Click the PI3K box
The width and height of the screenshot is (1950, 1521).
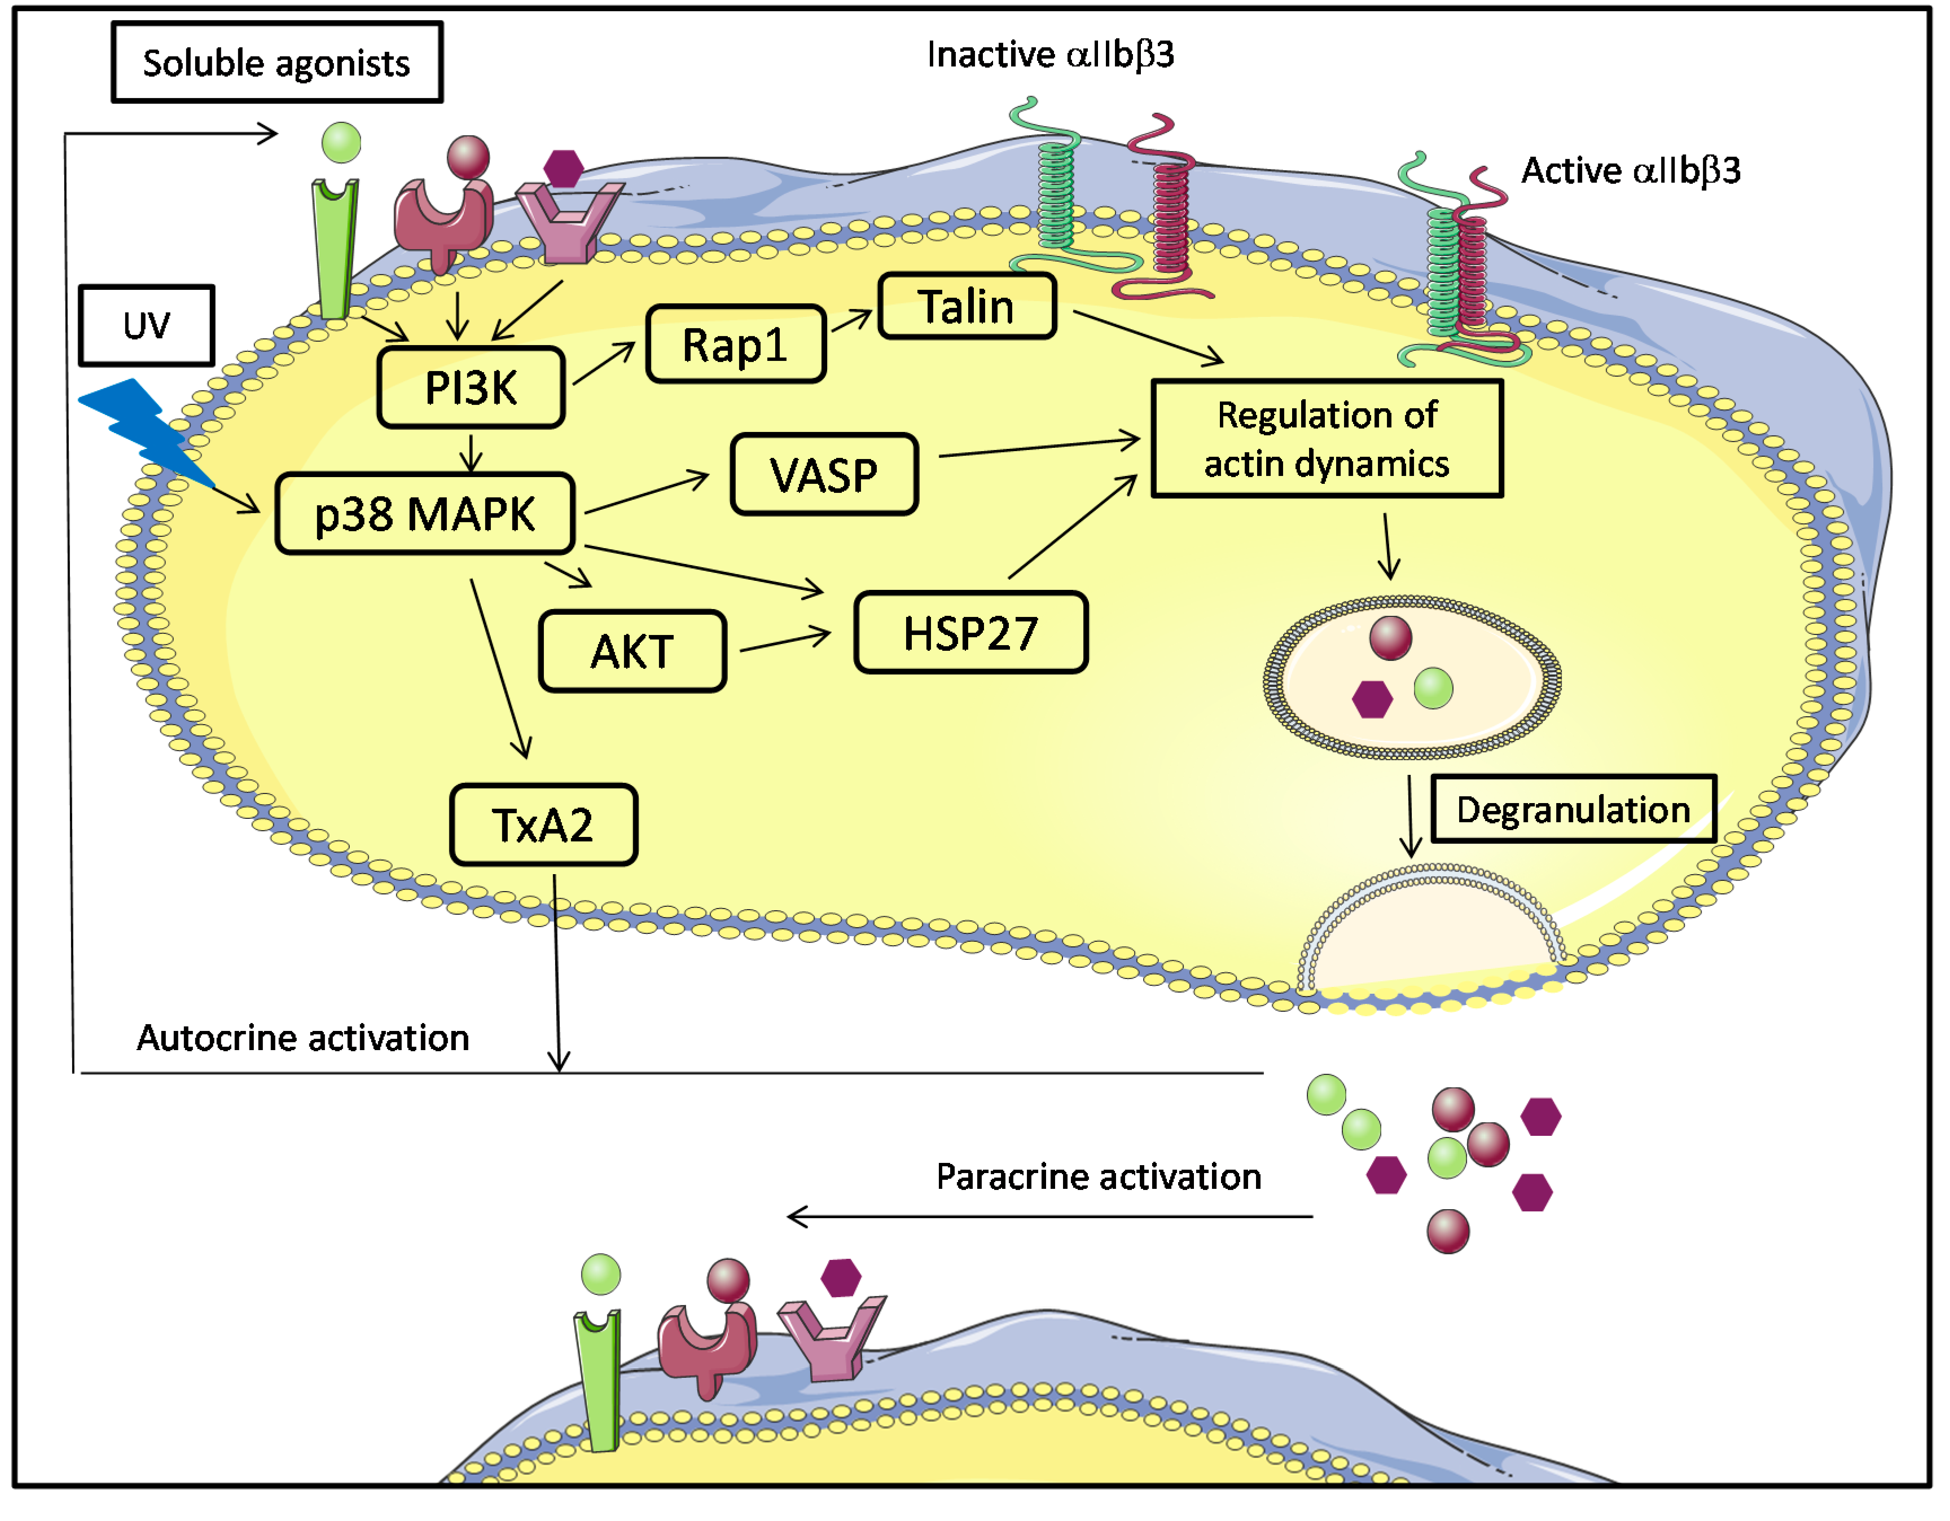point(471,387)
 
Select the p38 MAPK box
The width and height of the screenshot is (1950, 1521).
point(425,513)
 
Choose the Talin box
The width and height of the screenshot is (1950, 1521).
point(967,306)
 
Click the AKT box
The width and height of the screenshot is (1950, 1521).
point(632,651)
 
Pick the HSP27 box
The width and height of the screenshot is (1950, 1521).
point(970,632)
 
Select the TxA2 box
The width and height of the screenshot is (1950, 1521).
point(543,824)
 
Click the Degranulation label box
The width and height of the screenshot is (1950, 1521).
point(1573,809)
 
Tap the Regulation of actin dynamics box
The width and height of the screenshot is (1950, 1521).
point(1327,438)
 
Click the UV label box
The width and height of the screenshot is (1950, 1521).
point(147,325)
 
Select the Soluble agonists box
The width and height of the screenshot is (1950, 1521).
point(277,63)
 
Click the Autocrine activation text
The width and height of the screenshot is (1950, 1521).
point(302,1037)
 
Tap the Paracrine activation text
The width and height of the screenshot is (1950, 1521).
point(1098,1176)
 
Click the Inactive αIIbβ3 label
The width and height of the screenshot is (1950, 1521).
point(1050,55)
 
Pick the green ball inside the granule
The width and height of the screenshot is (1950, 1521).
point(1433,688)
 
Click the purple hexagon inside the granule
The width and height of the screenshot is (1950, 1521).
point(1372,699)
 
